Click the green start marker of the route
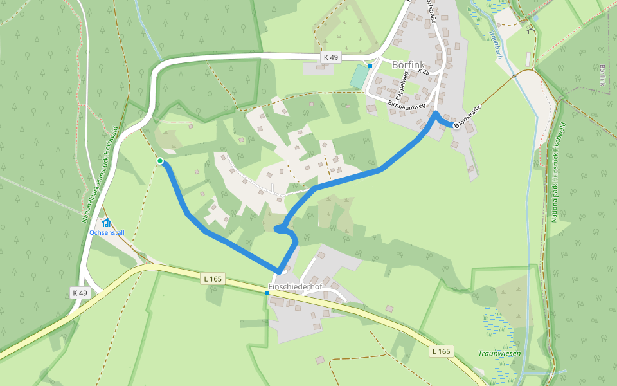click(160, 161)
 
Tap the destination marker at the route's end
click(456, 125)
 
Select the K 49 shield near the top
click(330, 58)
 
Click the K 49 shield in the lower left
click(80, 293)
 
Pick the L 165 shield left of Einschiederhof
click(213, 279)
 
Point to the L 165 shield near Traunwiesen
click(442, 351)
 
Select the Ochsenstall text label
click(107, 233)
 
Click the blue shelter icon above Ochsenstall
click(107, 223)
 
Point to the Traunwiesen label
click(499, 353)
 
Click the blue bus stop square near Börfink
click(370, 65)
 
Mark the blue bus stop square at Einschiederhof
click(267, 293)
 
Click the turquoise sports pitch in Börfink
click(359, 77)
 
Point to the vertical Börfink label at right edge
click(602, 75)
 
